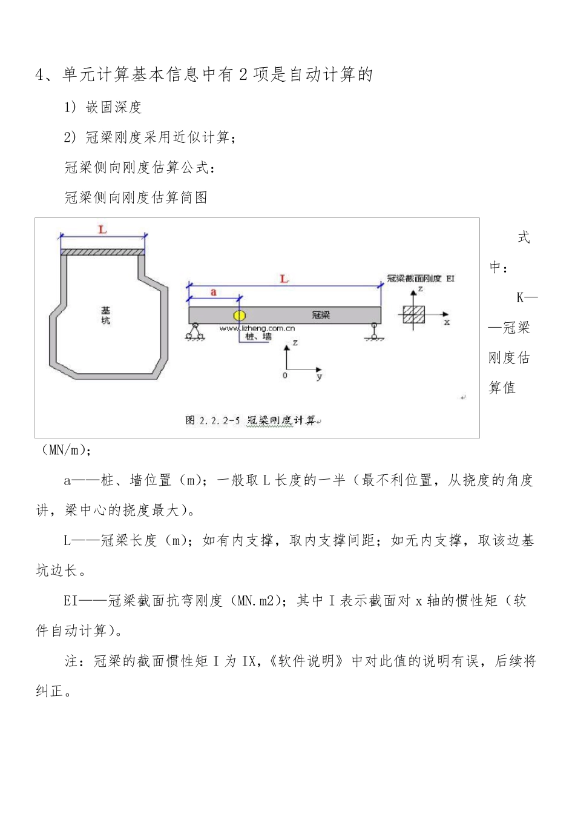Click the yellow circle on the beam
click(x=240, y=315)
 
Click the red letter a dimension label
click(x=214, y=292)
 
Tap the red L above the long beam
click(x=284, y=279)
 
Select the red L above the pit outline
click(x=103, y=230)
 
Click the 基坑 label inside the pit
click(x=105, y=316)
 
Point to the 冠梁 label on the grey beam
click(x=321, y=315)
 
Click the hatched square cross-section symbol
click(x=414, y=314)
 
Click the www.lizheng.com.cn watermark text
click(x=257, y=328)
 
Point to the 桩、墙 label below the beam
click(x=258, y=337)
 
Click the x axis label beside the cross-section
click(x=447, y=322)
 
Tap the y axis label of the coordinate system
click(x=319, y=377)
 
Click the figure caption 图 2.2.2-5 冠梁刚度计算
click(x=251, y=420)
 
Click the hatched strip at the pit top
click(x=103, y=252)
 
